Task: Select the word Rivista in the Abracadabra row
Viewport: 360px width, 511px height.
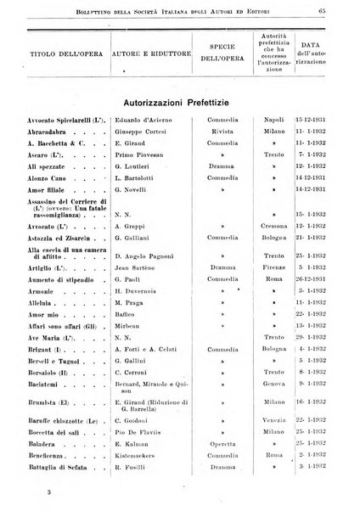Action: click(x=220, y=133)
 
